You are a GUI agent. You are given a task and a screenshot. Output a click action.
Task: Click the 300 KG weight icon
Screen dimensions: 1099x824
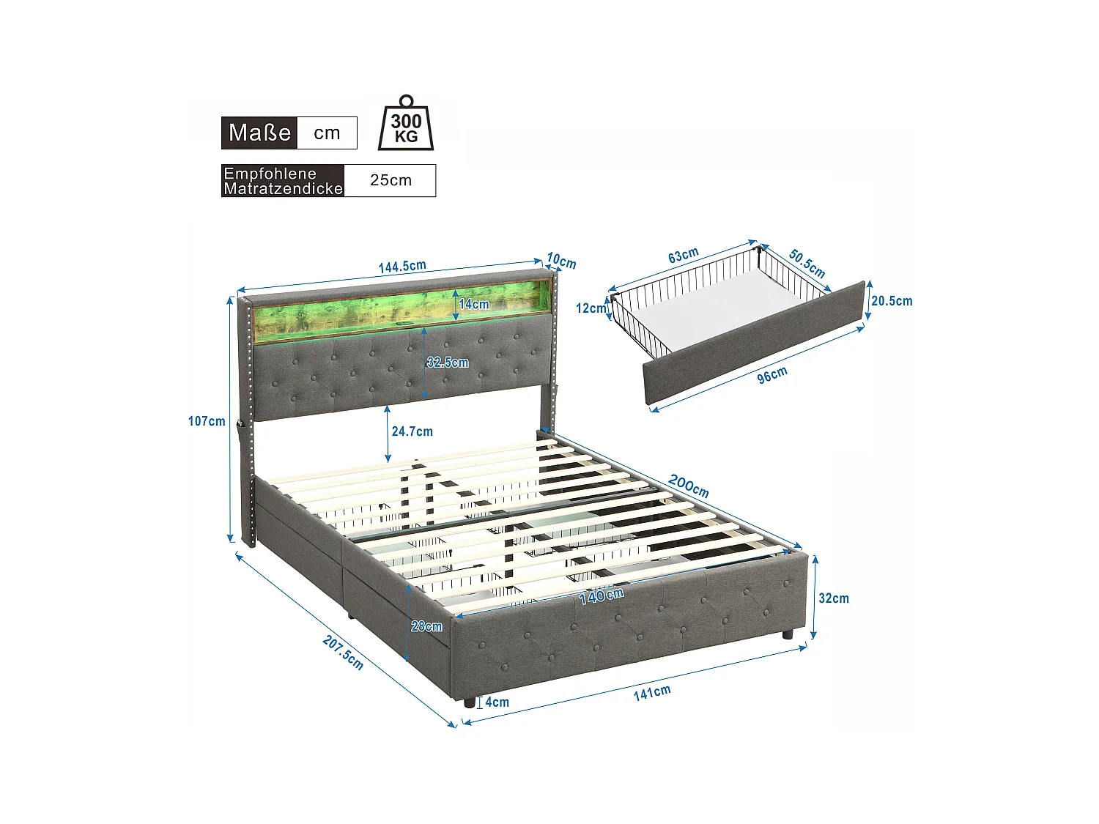point(405,125)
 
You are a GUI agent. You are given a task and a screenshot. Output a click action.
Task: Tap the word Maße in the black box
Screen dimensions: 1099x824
point(259,133)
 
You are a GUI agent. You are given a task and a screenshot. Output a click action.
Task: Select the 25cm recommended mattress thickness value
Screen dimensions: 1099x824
point(391,180)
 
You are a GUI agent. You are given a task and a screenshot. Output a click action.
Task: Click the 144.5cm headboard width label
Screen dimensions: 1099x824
point(402,267)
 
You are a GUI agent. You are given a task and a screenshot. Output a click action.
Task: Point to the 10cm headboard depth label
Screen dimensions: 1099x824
point(562,261)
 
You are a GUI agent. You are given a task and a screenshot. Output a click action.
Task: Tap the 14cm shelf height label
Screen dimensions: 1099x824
point(474,304)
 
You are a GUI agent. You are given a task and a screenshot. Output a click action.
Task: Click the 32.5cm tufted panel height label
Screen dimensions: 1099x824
point(448,363)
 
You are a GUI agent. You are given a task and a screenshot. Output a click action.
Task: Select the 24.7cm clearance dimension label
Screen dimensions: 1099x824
point(412,431)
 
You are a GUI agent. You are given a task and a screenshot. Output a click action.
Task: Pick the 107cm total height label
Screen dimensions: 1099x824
point(207,421)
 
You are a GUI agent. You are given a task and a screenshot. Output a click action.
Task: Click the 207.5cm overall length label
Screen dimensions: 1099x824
point(343,652)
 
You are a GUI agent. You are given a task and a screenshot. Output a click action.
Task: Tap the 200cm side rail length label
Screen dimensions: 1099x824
point(689,486)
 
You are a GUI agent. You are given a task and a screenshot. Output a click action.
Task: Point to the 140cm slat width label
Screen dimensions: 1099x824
point(601,596)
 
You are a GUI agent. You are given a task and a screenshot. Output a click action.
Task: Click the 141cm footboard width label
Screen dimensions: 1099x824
point(652,692)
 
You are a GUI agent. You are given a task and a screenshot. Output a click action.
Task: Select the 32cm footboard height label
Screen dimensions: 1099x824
point(834,598)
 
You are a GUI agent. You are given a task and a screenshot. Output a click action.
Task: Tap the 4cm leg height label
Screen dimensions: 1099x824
point(497,702)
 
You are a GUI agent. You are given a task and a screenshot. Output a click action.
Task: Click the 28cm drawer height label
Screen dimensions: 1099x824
point(426,626)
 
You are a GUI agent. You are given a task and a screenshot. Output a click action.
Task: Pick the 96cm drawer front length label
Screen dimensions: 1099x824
point(772,374)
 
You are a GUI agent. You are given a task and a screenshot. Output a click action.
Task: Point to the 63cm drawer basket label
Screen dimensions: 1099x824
point(683,256)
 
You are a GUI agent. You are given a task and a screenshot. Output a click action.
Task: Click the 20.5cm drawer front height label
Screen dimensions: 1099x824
point(892,301)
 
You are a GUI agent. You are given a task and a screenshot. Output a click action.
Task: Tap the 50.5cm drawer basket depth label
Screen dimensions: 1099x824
point(807,264)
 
